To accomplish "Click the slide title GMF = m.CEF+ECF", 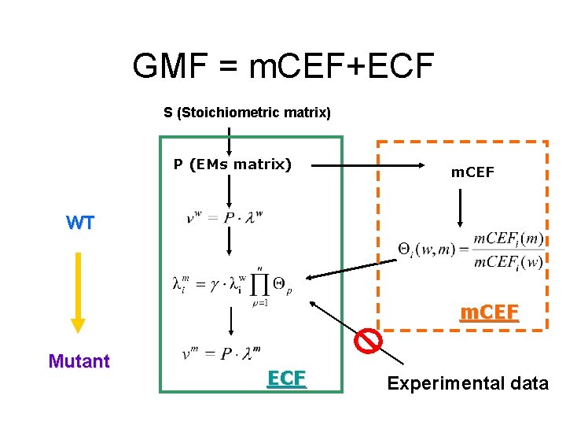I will (283, 66).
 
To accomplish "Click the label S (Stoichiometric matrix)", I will (247, 113).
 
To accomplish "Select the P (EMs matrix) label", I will (233, 164).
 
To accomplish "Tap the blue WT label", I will (80, 223).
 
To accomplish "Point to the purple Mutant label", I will (79, 361).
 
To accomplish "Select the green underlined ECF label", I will (286, 379).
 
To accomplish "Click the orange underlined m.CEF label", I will (489, 313).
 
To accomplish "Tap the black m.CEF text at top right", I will (472, 172).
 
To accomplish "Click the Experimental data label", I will (468, 384).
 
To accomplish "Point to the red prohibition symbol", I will (368, 340).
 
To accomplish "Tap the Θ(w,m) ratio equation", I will (470, 251).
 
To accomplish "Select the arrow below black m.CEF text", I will (461, 206).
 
